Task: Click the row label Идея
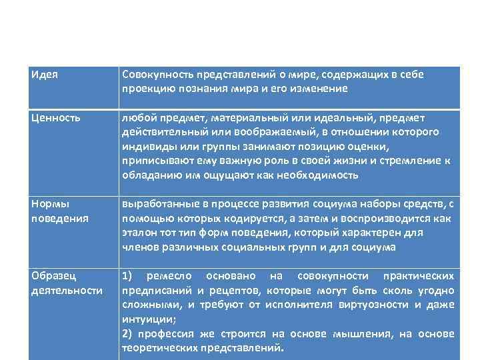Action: (44, 75)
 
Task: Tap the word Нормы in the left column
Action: (49, 203)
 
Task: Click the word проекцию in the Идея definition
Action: (146, 88)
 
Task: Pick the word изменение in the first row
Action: (321, 88)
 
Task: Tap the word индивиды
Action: (147, 147)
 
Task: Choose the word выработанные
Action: (155, 203)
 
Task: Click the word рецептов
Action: (238, 290)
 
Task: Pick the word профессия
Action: (167, 334)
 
